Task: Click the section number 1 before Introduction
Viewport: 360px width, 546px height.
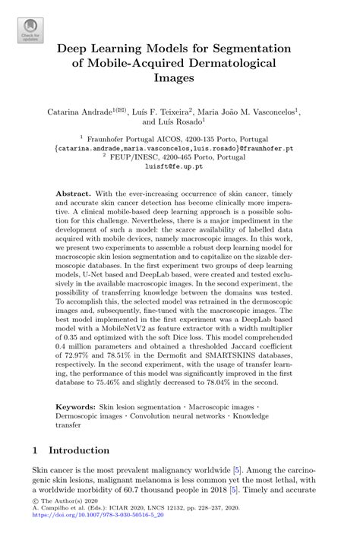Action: click(35, 451)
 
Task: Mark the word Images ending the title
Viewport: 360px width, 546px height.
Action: click(179, 77)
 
